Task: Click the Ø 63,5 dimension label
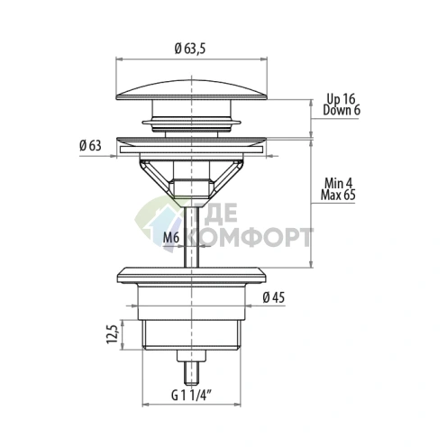(190, 49)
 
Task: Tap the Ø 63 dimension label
(90, 146)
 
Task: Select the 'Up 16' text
(341, 99)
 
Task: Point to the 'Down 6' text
(342, 110)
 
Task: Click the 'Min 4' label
(338, 183)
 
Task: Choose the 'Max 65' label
(338, 195)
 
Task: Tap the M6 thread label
(171, 238)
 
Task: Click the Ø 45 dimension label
(273, 297)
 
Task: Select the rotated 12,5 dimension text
(113, 334)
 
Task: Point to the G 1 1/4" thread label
(190, 396)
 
